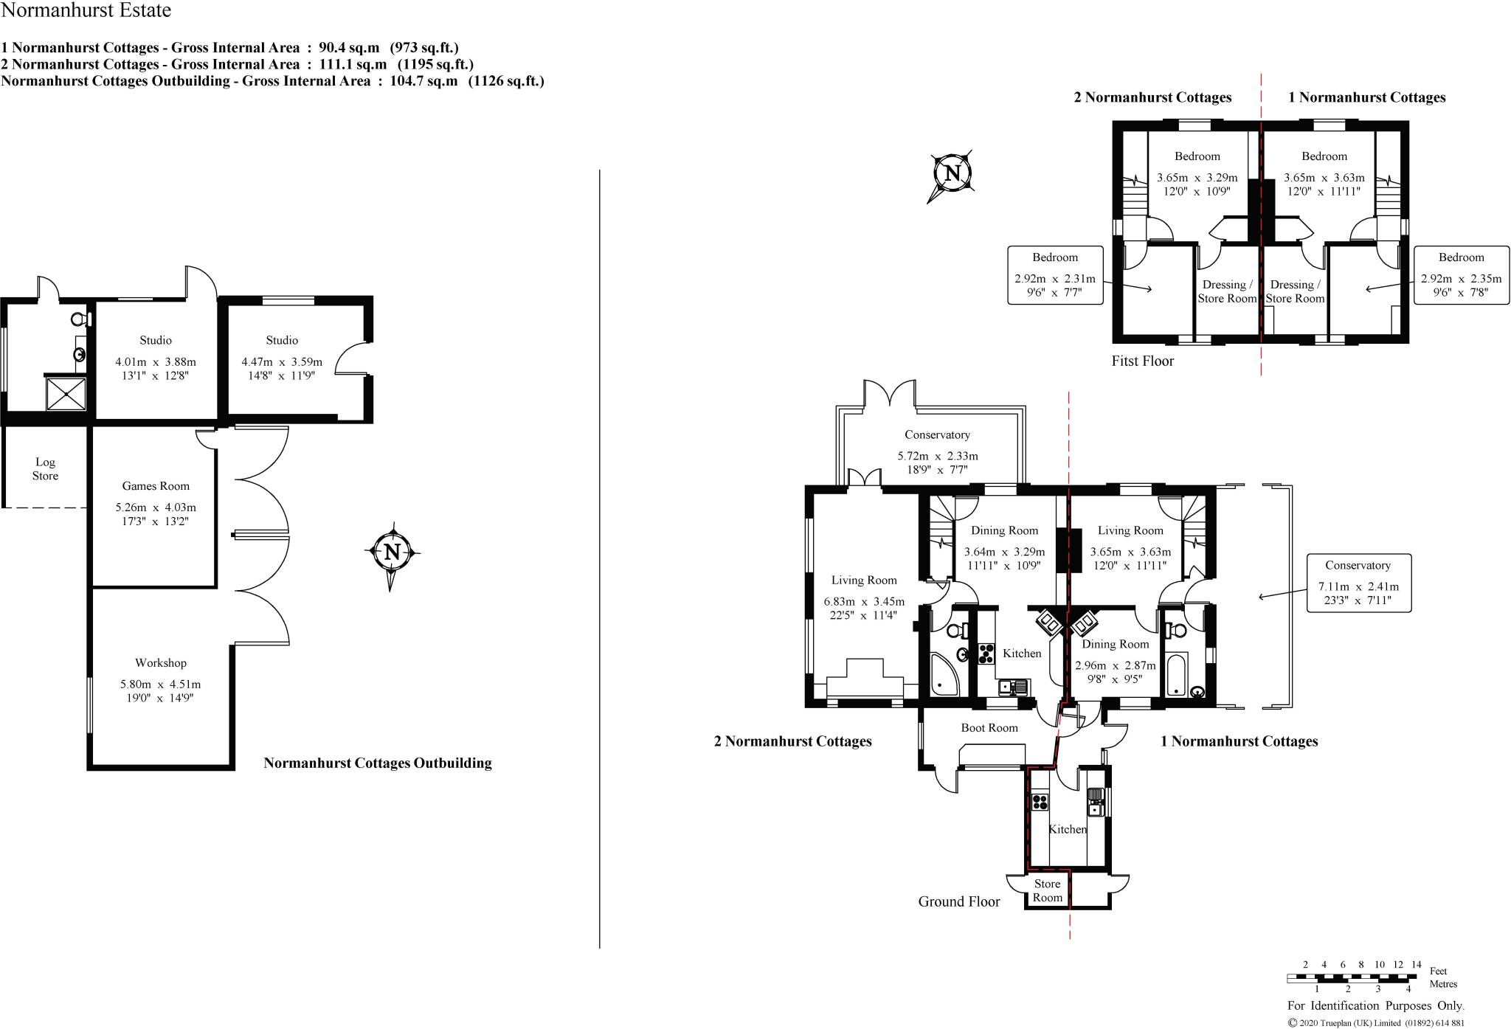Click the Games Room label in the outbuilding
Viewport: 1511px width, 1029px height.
point(156,486)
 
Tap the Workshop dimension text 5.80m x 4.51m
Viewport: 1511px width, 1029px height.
point(161,685)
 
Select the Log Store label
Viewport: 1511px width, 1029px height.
point(45,469)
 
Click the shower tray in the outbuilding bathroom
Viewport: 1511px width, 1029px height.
point(66,393)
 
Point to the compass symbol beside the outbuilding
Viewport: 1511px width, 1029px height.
point(393,552)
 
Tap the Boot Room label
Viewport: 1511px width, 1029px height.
point(989,728)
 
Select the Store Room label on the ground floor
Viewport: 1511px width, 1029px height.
point(1047,890)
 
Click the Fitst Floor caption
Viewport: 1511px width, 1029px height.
point(1142,361)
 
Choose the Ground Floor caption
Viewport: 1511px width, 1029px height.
point(958,901)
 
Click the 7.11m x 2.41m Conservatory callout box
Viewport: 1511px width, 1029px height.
point(1358,583)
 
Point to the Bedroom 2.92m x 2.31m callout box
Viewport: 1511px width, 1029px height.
point(1055,275)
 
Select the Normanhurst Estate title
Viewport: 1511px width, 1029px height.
point(86,10)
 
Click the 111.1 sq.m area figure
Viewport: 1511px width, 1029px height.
point(351,64)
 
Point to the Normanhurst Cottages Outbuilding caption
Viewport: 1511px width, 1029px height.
point(377,763)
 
